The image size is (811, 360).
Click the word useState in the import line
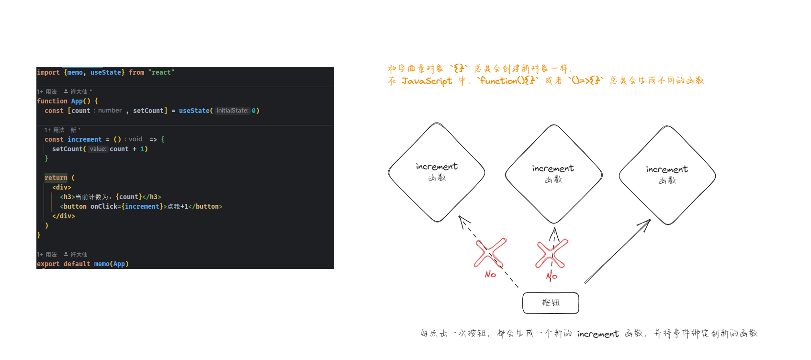[x=106, y=72]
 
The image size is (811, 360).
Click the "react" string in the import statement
[x=161, y=72]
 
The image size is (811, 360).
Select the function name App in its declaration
[x=77, y=101]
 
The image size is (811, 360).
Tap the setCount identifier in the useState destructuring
[x=148, y=111]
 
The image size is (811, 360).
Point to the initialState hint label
[x=233, y=111]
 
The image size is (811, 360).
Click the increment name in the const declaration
[x=84, y=139]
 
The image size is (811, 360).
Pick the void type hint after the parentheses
[x=135, y=139]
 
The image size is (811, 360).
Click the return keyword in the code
[x=56, y=178]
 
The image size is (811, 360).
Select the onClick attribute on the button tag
[x=103, y=206]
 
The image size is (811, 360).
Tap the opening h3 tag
[x=68, y=197]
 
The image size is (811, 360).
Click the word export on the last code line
[x=48, y=264]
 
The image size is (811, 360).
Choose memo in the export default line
[x=101, y=264]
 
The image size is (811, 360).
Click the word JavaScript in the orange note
[x=427, y=81]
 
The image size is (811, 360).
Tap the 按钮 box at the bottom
[x=551, y=303]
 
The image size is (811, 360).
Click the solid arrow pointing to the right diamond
[x=617, y=251]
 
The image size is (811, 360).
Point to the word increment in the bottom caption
[x=598, y=334]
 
